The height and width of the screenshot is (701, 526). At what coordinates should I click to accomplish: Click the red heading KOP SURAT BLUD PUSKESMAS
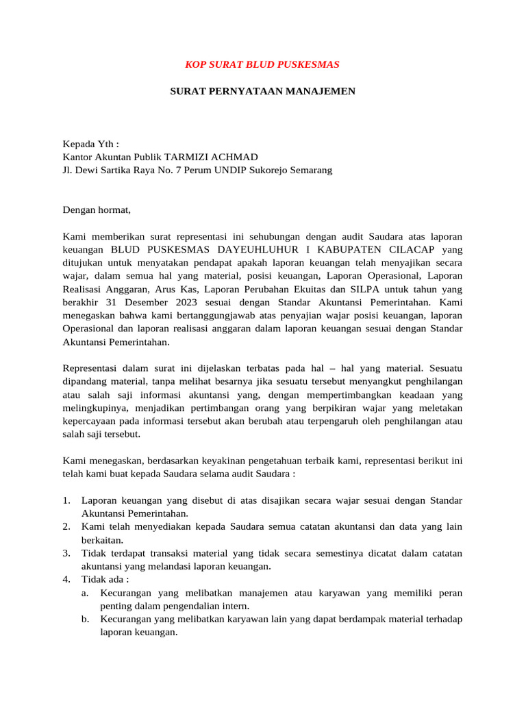[262, 64]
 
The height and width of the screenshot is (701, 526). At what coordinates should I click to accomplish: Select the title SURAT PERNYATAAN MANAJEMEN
[262, 90]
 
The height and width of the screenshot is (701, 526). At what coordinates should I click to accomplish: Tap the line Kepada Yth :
[91, 144]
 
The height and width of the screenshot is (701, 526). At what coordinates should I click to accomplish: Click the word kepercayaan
[93, 421]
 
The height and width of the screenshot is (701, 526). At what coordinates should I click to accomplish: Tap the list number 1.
[66, 500]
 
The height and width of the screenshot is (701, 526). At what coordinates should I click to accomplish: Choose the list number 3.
[66, 553]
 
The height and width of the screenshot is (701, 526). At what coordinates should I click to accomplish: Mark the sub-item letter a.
[85, 593]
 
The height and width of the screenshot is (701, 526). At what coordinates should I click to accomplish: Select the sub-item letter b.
[85, 619]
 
